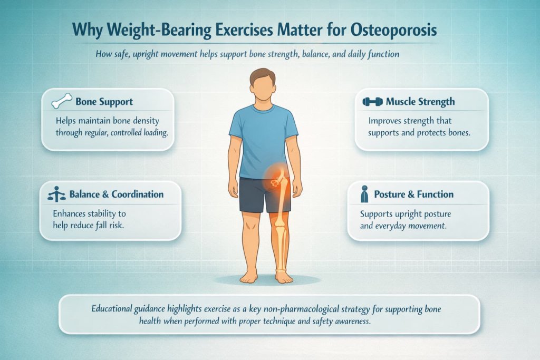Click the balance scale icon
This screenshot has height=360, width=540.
coord(57,194)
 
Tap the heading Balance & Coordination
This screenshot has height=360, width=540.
coord(117,194)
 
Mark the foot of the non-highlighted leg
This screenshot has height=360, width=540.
coord(248,275)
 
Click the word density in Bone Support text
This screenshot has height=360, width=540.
coord(145,121)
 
